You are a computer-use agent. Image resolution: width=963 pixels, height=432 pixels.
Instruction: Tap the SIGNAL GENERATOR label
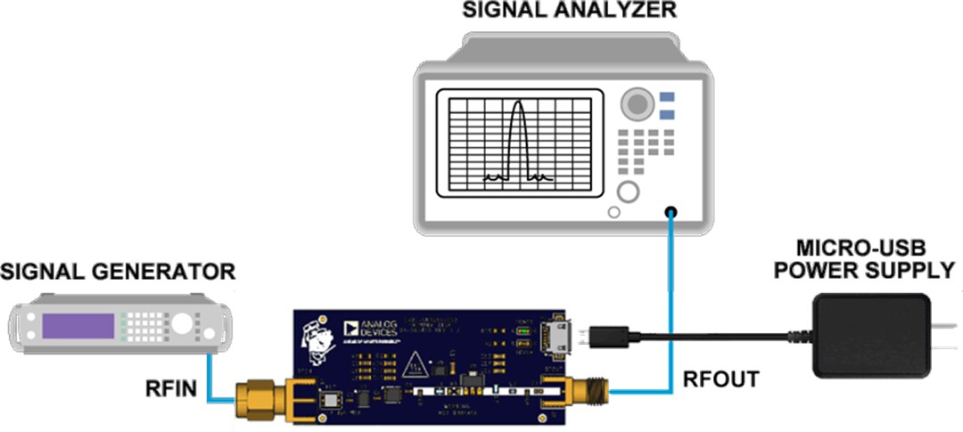point(119,271)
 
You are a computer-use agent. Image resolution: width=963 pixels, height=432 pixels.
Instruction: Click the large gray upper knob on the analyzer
point(637,103)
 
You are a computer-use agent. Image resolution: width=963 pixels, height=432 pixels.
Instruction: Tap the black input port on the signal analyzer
point(670,212)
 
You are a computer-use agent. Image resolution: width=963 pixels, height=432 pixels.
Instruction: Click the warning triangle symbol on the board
point(414,363)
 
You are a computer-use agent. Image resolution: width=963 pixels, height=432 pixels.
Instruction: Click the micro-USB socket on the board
point(559,336)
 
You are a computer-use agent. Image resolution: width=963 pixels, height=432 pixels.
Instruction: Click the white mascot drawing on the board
point(317,338)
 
